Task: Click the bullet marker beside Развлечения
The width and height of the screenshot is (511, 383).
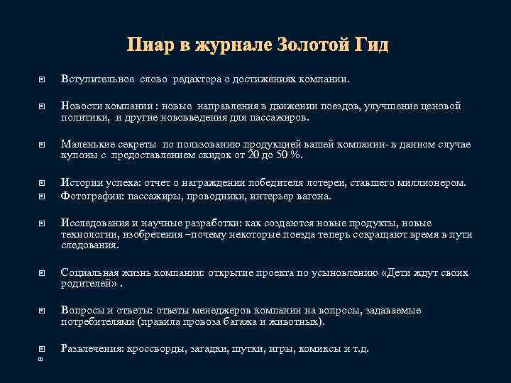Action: (42, 349)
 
